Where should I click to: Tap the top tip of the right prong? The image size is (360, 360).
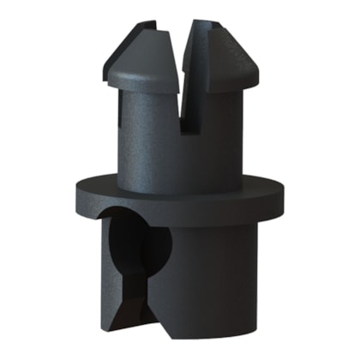(203, 24)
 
